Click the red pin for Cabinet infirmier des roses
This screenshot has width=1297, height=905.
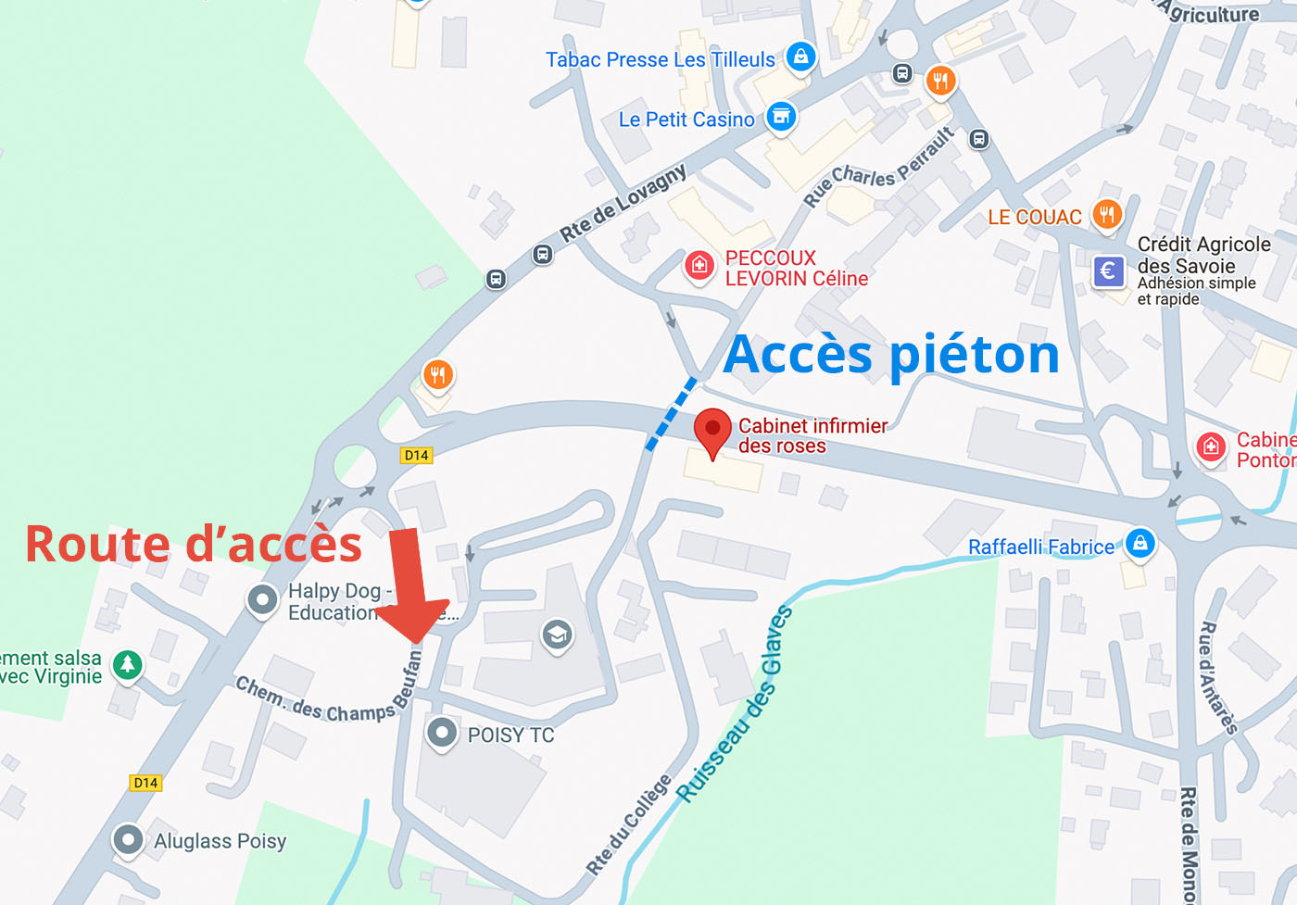coord(712,430)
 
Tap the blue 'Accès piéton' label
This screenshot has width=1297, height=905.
coord(890,355)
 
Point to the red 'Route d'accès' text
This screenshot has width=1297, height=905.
coord(193,545)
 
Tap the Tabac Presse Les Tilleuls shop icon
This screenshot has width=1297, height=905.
coord(800,57)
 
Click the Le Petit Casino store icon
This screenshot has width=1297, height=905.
coord(781,117)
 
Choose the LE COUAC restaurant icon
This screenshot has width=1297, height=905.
coord(1106,215)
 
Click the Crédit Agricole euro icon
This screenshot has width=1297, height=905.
coord(1108,271)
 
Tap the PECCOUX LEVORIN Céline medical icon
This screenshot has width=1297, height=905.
coord(699,266)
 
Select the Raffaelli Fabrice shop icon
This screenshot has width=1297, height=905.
coord(1140,543)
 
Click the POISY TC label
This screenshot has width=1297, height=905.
coord(510,735)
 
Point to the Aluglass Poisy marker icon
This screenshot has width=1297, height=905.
coord(128,840)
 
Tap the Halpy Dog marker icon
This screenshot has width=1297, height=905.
coord(263,600)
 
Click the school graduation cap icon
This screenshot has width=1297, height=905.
coord(557,635)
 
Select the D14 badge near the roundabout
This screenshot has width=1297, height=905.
coord(416,455)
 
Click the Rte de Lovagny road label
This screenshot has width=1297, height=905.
coord(623,204)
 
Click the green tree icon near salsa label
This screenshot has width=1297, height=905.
coord(128,664)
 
